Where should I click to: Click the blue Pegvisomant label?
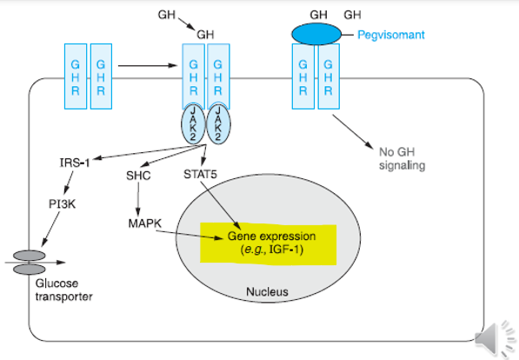[391, 36]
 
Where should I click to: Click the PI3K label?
[63, 204]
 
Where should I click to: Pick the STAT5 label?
[200, 174]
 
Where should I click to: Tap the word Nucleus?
[266, 291]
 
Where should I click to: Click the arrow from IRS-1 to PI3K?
[69, 183]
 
